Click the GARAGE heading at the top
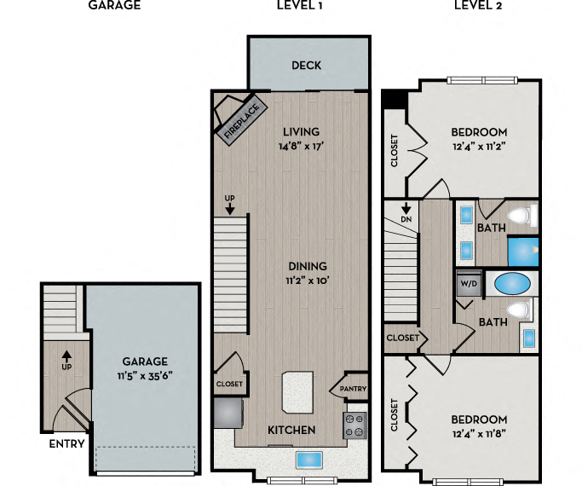[x=113, y=5]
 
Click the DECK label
[x=306, y=66]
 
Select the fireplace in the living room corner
[x=240, y=118]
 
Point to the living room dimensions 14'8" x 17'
[x=301, y=147]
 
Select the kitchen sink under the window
[x=308, y=460]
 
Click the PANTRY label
[x=354, y=389]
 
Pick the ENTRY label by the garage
[x=66, y=444]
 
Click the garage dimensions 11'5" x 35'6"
[x=144, y=375]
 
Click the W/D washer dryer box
[x=468, y=283]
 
